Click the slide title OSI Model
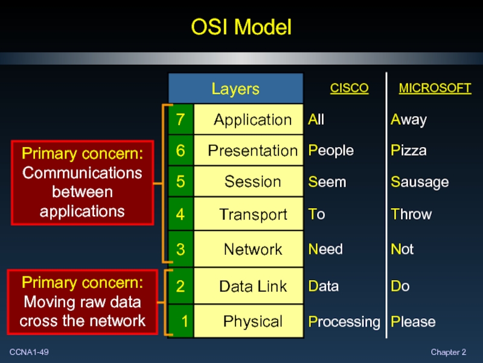pyautogui.click(x=241, y=27)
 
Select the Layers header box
pyautogui.click(x=235, y=90)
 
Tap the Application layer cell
pyautogui.click(x=252, y=120)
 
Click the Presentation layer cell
pyautogui.click(x=252, y=151)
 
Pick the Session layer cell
pyautogui.click(x=252, y=181)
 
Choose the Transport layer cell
pyautogui.click(x=252, y=214)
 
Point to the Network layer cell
pyautogui.click(x=252, y=249)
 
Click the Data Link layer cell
pyautogui.click(x=252, y=286)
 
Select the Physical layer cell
pyautogui.click(x=252, y=321)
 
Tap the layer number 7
pyautogui.click(x=181, y=120)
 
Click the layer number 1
pyautogui.click(x=184, y=321)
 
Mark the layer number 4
pyautogui.click(x=181, y=214)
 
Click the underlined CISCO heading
pyautogui.click(x=349, y=88)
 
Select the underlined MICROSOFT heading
pyautogui.click(x=435, y=88)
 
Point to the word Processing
pyautogui.click(x=344, y=322)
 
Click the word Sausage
pyautogui.click(x=420, y=182)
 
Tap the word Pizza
pyautogui.click(x=409, y=151)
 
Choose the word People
pyautogui.click(x=331, y=151)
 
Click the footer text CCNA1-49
pyautogui.click(x=29, y=352)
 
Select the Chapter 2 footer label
pyautogui.click(x=448, y=352)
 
